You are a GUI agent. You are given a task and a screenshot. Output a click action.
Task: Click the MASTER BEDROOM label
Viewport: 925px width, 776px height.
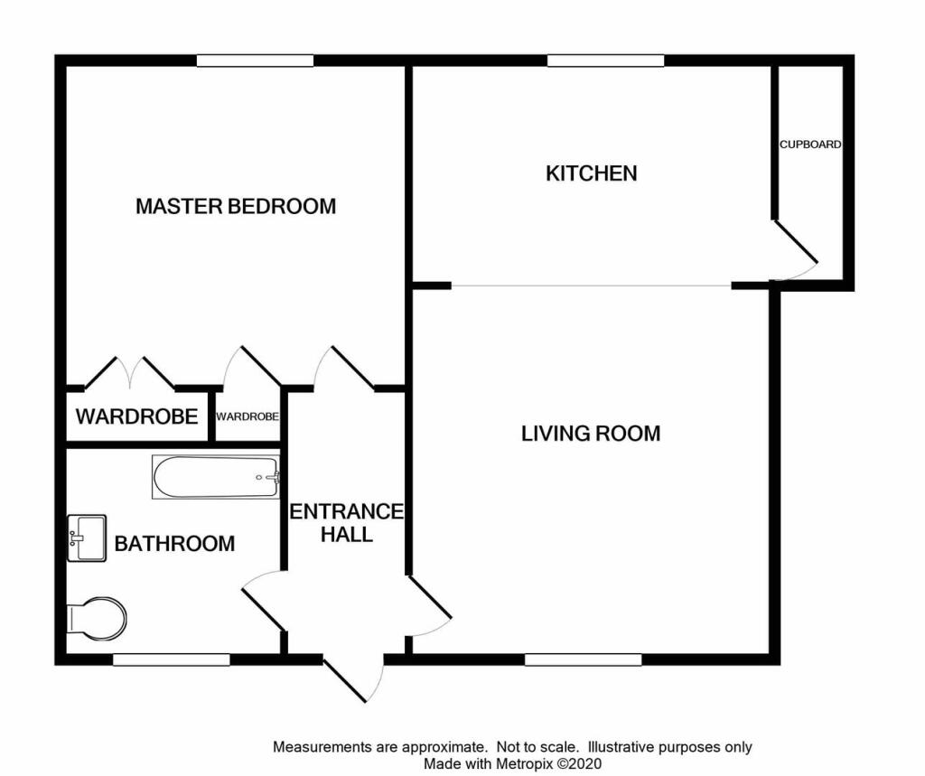point(236,206)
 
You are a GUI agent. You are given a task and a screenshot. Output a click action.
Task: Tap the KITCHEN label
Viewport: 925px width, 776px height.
point(592,173)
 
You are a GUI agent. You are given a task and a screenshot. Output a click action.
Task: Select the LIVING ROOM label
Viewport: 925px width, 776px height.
point(591,434)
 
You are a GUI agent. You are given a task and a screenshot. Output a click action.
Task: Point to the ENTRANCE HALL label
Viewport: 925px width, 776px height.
point(346,522)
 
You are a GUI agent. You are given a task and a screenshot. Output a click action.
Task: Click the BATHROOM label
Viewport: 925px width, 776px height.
point(174,544)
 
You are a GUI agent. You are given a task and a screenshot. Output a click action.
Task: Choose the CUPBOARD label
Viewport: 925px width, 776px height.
point(811,145)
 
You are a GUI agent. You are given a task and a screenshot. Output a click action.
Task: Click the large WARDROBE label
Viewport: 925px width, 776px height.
point(136,417)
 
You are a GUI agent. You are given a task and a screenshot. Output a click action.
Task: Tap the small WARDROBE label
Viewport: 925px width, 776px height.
point(247,417)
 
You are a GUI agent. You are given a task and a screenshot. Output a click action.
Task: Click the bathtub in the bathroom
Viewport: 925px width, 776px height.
point(216,476)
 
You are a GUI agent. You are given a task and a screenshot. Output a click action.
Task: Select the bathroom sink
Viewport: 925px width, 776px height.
point(86,538)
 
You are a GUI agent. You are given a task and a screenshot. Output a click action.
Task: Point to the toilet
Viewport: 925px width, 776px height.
point(96,619)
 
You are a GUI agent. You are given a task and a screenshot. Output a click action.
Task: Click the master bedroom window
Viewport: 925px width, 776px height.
point(256,61)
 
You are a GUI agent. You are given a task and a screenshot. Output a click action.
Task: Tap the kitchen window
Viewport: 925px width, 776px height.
point(605,61)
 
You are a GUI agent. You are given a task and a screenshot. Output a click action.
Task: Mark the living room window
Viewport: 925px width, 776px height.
point(584,659)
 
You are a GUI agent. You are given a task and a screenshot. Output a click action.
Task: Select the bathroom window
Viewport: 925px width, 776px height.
point(171,660)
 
